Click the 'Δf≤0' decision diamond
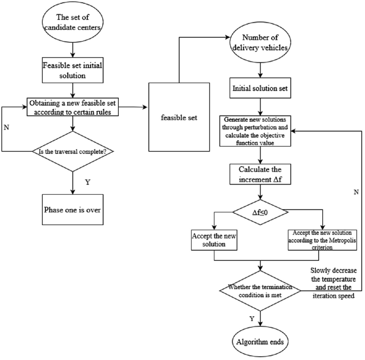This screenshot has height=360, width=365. pyautogui.click(x=261, y=214)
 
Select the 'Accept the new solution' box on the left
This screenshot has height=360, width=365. pyautogui.click(x=214, y=239)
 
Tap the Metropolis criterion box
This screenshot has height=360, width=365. pyautogui.click(x=322, y=239)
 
